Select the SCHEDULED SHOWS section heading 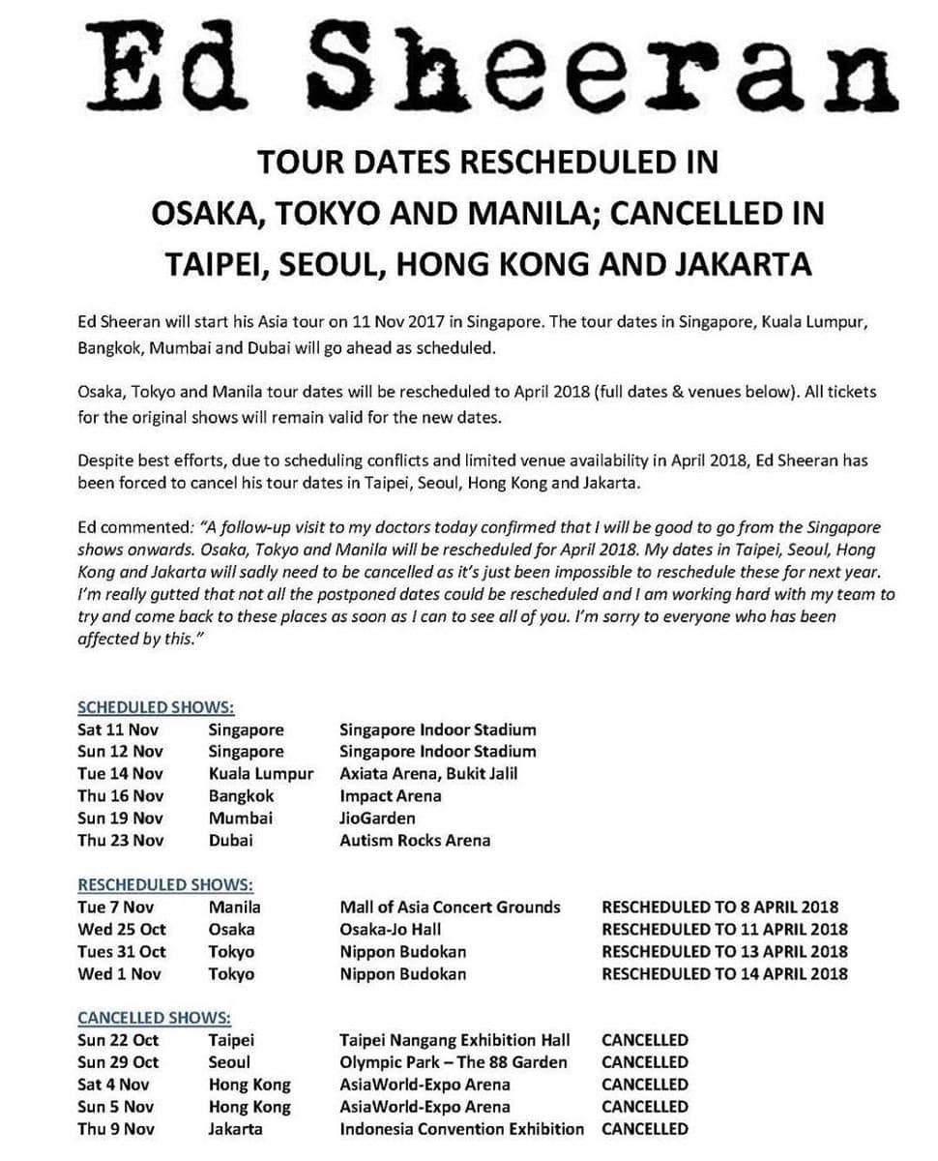156,707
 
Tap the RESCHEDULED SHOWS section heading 165,884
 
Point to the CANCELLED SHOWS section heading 154,1018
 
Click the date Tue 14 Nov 121,774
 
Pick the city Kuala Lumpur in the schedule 261,774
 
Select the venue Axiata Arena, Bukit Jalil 428,774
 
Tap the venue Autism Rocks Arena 415,841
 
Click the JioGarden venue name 377,819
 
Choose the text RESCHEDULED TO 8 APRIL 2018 719,908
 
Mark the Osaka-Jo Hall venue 391,930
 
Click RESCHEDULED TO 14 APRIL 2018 724,974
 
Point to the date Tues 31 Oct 122,952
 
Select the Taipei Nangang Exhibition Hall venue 454,1041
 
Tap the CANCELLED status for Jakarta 645,1129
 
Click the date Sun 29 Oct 118,1062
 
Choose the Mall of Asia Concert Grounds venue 450,908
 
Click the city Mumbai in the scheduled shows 241,819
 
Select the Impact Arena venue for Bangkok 391,796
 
